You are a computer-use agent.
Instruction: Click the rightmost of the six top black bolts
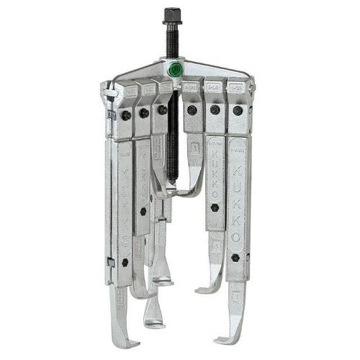coord(238,110)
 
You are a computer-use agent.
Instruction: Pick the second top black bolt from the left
coord(144,112)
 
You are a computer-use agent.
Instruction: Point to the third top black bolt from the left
coord(162,110)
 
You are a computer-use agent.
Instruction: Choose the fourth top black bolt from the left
coord(192,110)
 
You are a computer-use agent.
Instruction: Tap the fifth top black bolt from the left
coord(215,110)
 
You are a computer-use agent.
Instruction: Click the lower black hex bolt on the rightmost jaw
coord(236,257)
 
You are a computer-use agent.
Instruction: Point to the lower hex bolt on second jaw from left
coord(143,211)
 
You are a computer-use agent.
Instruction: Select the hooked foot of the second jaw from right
coord(205,288)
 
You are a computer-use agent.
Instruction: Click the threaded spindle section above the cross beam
coord(172,43)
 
